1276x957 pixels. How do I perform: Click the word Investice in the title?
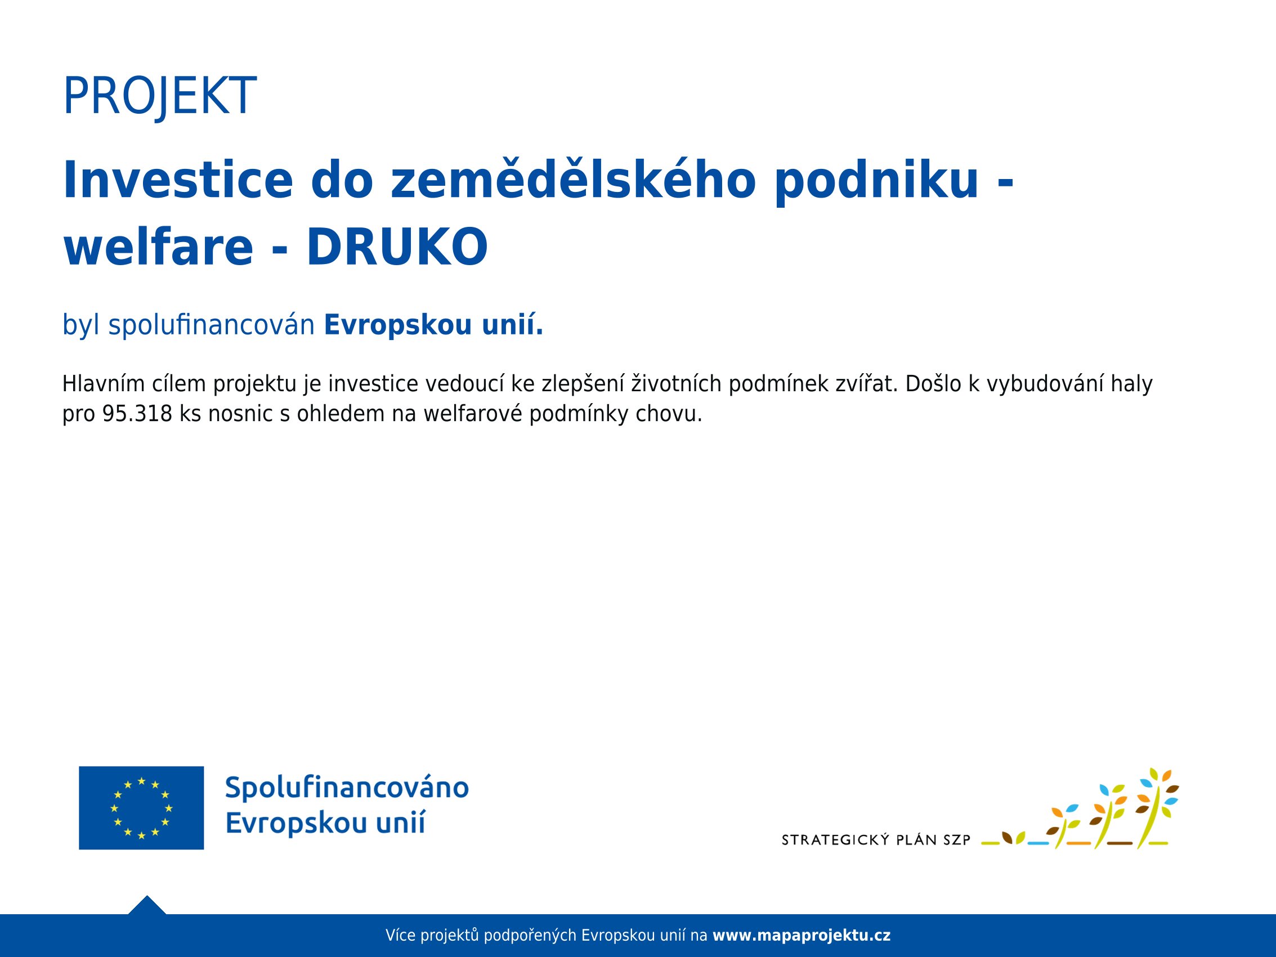point(178,180)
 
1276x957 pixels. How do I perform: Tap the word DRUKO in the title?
point(397,247)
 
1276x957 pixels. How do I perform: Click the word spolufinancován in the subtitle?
point(211,325)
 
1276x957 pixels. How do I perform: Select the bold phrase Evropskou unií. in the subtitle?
point(434,324)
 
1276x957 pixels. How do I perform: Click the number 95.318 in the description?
point(137,414)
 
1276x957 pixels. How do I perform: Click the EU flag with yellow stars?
point(141,808)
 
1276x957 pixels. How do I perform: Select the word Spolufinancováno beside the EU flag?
point(347,788)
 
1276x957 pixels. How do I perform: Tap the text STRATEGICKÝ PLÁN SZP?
point(876,840)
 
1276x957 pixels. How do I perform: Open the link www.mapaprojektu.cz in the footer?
point(802,935)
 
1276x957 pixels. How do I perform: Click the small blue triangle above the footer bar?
point(147,905)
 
